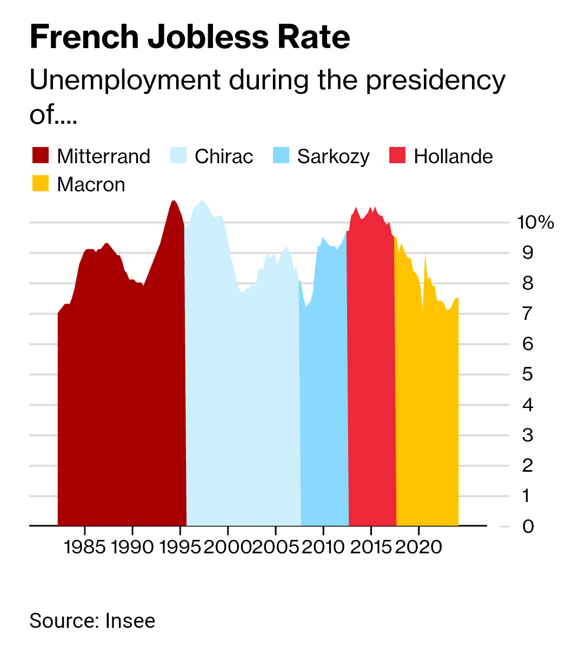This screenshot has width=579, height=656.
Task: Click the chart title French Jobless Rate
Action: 190,37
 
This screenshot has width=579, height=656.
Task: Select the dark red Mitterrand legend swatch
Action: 40,156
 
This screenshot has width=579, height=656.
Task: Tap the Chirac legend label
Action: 223,156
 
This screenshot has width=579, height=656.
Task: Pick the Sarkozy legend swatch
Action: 281,156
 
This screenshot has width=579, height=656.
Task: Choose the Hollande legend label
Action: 453,156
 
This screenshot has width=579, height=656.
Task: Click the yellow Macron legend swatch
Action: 40,184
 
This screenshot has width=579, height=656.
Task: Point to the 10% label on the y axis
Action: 535,222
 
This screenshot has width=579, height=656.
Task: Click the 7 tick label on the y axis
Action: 528,313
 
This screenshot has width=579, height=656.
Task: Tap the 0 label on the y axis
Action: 528,526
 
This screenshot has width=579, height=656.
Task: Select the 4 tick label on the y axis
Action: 528,404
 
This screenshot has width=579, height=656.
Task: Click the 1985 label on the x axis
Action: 84,547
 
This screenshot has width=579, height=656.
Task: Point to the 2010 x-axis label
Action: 323,547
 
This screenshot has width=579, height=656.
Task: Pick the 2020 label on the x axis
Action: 418,547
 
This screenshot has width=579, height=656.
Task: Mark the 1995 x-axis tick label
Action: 181,547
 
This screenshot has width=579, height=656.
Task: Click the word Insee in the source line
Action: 130,621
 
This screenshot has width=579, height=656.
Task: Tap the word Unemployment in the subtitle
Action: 124,81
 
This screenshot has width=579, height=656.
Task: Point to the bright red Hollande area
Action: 371,378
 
